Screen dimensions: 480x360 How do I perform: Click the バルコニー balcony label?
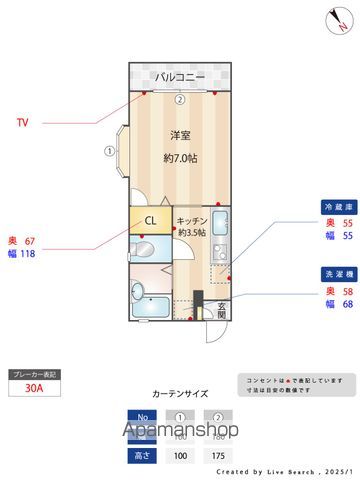click(x=179, y=77)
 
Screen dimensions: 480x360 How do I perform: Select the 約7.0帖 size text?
click(x=179, y=158)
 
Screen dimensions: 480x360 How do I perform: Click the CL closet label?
click(x=149, y=220)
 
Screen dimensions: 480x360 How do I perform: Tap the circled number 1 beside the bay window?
click(x=108, y=152)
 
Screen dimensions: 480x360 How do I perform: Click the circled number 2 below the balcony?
click(x=179, y=99)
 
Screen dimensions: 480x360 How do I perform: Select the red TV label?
click(x=22, y=123)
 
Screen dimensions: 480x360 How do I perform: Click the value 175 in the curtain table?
click(x=216, y=454)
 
